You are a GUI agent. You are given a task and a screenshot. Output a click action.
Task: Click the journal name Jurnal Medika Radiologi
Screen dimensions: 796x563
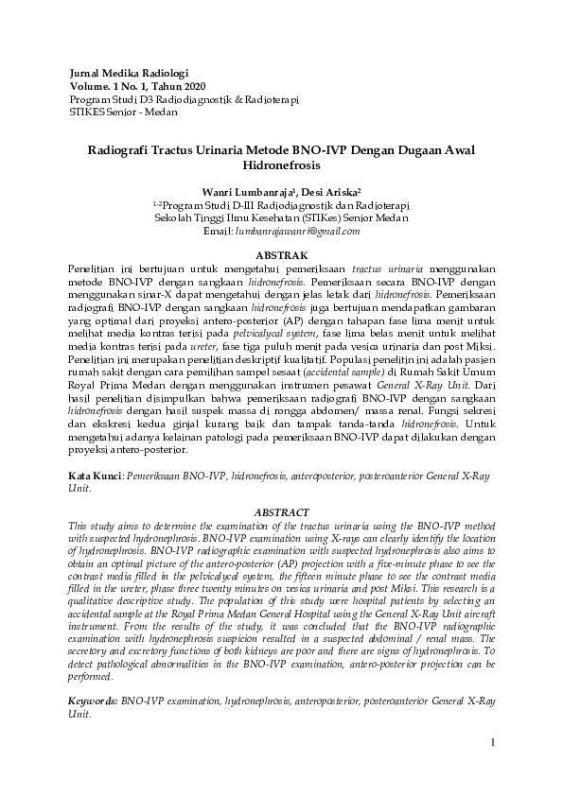(x=130, y=73)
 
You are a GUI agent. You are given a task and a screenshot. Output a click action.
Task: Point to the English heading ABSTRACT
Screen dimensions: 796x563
(x=282, y=512)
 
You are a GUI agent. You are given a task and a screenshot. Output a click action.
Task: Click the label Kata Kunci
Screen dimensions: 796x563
(x=94, y=478)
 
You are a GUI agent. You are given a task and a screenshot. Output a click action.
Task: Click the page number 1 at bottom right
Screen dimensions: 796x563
(x=494, y=743)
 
